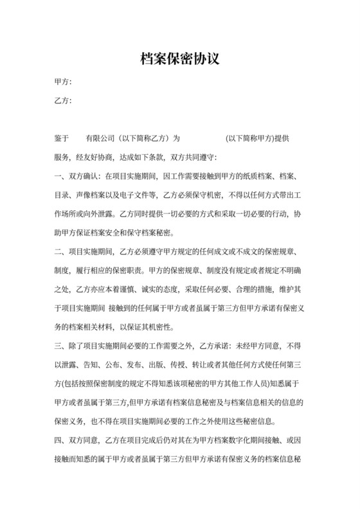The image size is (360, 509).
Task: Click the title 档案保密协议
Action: pyautogui.click(x=180, y=59)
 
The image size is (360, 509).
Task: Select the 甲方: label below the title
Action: pyautogui.click(x=63, y=82)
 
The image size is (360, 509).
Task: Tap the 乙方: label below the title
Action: pyautogui.click(x=63, y=101)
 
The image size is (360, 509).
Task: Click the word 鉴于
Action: pyautogui.click(x=62, y=138)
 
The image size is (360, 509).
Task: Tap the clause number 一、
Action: pyautogui.click(x=62, y=175)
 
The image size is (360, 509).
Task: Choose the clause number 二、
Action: pyautogui.click(x=62, y=250)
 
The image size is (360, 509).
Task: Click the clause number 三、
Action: pyautogui.click(x=62, y=343)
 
